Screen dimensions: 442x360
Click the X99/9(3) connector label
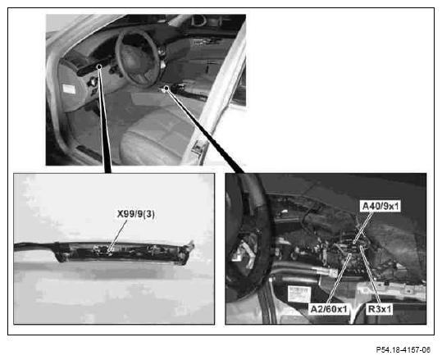(x=136, y=214)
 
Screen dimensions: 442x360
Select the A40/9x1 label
(x=380, y=207)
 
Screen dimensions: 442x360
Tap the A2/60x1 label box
(x=329, y=309)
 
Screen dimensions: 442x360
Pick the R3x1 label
(x=380, y=309)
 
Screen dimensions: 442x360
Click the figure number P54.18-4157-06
(x=403, y=350)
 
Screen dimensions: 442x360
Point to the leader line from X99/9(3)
(x=117, y=235)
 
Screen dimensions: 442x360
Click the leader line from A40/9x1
(x=363, y=227)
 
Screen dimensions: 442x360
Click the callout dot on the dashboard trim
(x=99, y=66)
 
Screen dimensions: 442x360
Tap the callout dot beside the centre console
(x=166, y=89)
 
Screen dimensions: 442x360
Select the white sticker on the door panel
(x=69, y=89)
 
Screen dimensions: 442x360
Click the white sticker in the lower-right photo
(x=298, y=294)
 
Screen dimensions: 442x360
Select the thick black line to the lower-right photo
(x=204, y=130)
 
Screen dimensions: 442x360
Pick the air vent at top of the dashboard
(x=199, y=21)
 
